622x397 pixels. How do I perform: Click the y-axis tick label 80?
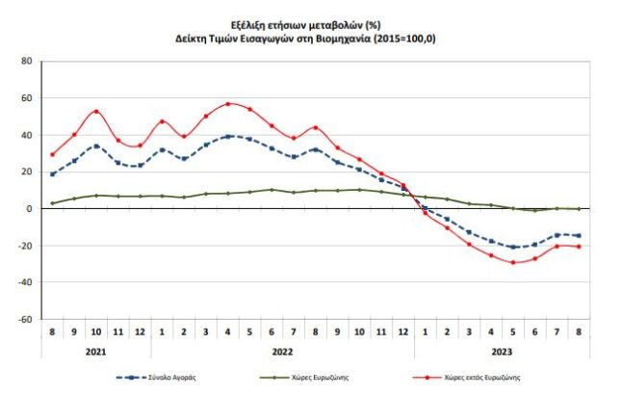pyautogui.click(x=26, y=61)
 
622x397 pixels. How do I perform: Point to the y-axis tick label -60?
pyautogui.click(x=24, y=319)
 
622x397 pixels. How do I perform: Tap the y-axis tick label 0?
pyautogui.click(x=30, y=208)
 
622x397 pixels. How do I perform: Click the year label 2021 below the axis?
pyautogui.click(x=95, y=354)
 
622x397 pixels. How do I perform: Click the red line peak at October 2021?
pyautogui.click(x=96, y=111)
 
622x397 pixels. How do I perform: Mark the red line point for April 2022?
pyautogui.click(x=228, y=104)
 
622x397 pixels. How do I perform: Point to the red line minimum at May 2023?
pyautogui.click(x=514, y=262)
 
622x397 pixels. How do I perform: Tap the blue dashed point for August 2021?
pyautogui.click(x=52, y=173)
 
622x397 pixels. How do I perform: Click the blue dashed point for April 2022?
pyautogui.click(x=228, y=136)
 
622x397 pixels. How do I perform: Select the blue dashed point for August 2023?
pyautogui.click(x=580, y=235)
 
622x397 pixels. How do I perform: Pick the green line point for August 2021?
pyautogui.click(x=52, y=203)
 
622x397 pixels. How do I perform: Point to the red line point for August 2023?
pyautogui.click(x=580, y=247)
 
